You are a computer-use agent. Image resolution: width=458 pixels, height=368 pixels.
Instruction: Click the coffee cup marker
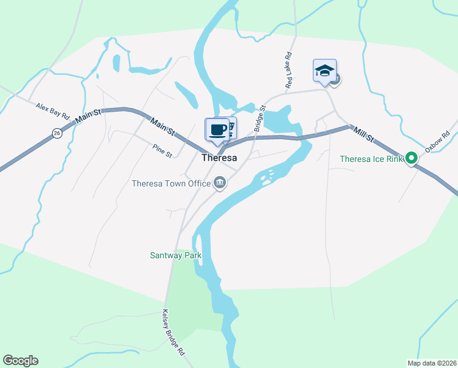[217, 129]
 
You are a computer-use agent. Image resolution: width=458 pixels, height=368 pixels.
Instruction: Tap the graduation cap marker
[325, 71]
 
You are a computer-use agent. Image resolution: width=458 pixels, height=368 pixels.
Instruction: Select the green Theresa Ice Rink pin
[412, 159]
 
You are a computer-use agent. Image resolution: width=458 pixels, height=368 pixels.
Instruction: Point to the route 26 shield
[57, 133]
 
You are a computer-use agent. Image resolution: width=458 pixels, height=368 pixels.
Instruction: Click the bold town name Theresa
[219, 158]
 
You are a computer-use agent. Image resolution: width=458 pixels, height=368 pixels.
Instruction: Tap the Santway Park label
[176, 255]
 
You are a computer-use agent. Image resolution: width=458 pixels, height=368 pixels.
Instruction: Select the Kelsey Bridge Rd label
[173, 332]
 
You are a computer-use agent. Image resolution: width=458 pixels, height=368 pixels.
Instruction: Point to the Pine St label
[163, 149]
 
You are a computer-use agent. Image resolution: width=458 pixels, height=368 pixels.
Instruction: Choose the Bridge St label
[259, 117]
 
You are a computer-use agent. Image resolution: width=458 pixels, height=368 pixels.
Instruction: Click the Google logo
[20, 361]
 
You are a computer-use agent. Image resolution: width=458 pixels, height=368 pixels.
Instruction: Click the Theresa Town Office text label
[171, 183]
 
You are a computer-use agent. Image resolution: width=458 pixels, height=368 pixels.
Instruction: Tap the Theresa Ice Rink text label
[372, 159]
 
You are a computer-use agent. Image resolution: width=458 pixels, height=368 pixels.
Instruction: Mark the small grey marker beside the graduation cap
[336, 79]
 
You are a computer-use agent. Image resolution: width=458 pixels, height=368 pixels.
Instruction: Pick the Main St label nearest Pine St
[163, 127]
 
